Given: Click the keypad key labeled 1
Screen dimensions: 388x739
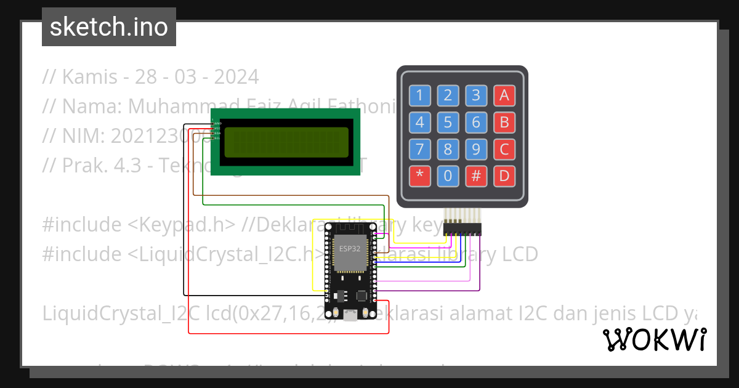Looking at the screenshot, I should [x=419, y=95].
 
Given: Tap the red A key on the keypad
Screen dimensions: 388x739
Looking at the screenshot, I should [x=504, y=95].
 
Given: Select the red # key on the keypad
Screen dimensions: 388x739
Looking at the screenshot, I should [x=475, y=176].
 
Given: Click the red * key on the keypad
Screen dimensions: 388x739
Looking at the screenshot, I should [x=419, y=176].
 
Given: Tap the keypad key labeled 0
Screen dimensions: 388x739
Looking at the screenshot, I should [x=448, y=176].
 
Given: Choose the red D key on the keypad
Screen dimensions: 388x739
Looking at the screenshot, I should [x=504, y=176].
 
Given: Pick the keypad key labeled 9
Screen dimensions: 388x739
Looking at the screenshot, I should [x=475, y=149].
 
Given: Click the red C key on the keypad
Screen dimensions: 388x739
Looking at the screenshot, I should [x=504, y=149].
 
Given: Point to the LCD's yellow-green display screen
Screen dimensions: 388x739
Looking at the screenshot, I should [x=286, y=142].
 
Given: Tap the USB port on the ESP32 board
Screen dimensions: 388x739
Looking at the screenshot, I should [x=350, y=316].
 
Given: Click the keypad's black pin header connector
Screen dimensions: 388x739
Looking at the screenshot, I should [x=462, y=229].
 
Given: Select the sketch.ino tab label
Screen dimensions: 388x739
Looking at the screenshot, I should [x=109, y=27].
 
